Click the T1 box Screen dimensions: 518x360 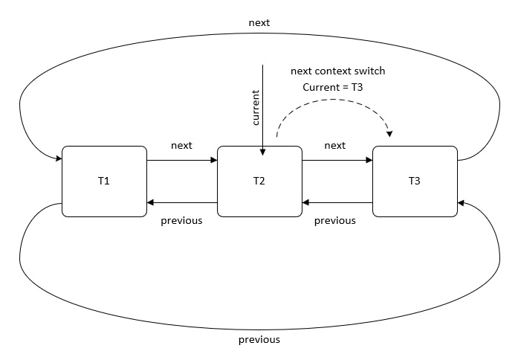coord(104,181)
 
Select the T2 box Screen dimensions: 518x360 coord(259,181)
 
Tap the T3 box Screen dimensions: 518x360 coord(415,181)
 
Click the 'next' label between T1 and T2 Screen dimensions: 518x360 coord(181,146)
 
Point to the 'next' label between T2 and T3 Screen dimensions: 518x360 coord(335,146)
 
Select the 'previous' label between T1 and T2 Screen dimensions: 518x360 coord(181,220)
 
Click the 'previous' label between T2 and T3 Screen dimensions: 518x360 coord(335,220)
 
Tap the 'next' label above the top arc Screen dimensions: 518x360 coord(259,22)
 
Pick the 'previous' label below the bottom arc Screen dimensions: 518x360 coord(259,339)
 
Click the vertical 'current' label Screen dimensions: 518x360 coord(256,107)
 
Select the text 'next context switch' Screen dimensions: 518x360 coord(338,71)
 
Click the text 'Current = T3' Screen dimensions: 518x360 coord(333,87)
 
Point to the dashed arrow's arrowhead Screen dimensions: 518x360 coord(390,134)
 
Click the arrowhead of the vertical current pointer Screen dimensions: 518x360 coord(262,152)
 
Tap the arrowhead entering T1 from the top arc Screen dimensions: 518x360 coord(59,158)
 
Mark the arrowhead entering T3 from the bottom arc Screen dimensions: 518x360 coord(462,203)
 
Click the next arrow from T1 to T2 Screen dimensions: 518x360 coord(182,161)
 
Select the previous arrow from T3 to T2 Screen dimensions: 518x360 coord(337,202)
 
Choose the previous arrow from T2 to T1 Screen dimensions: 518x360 coord(182,202)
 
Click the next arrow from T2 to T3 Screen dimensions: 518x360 coord(337,161)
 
